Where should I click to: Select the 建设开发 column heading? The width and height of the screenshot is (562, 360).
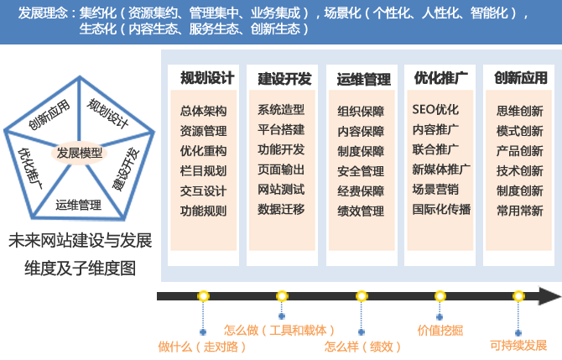tap(284, 79)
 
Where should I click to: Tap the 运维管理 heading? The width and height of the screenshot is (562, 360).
tap(363, 79)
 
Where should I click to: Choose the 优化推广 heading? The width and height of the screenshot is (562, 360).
tap(440, 78)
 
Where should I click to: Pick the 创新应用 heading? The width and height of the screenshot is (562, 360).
tap(520, 78)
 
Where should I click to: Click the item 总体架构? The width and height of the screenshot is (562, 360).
tap(203, 111)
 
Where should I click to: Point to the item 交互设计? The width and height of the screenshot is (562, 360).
tap(203, 190)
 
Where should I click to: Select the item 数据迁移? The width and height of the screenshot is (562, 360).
tap(281, 209)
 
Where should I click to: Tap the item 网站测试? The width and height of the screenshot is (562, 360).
tap(281, 189)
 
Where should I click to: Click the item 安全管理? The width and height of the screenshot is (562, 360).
tap(361, 171)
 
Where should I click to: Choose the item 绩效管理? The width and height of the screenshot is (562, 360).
tap(361, 211)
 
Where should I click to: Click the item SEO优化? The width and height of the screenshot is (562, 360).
tap(435, 110)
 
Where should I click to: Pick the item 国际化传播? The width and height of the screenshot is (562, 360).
tap(441, 210)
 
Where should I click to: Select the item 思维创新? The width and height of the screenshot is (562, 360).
tap(519, 111)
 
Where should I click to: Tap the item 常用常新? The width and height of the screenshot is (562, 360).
tap(519, 211)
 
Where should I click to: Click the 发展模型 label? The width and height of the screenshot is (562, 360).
tap(80, 154)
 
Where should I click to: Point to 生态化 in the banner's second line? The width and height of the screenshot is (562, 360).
tap(98, 29)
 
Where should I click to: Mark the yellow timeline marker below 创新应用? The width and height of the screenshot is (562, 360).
tap(518, 296)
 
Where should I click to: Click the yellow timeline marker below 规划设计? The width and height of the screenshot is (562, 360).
tap(203, 296)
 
